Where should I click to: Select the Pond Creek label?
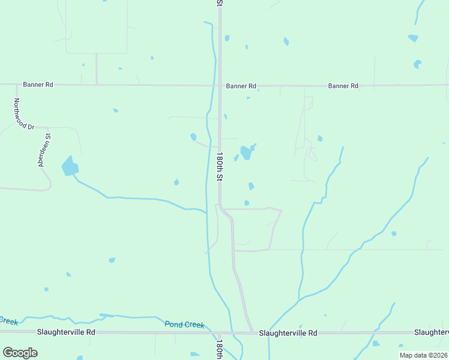point(185,325)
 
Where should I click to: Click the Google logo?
point(20,353)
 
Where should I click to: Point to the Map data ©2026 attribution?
point(423,355)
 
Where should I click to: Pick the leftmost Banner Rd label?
point(38,85)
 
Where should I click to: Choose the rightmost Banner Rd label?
point(343,86)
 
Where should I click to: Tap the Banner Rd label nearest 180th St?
point(241,86)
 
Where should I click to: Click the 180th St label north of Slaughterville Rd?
point(220,166)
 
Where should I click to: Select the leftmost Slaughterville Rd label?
point(66,332)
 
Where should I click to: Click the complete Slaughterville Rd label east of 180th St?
point(288,332)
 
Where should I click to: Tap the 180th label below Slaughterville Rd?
point(220,349)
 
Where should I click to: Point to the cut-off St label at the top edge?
point(220,3)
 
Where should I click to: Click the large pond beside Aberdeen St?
point(70,167)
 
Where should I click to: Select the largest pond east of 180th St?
point(246,152)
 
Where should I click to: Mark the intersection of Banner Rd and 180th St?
point(220,85)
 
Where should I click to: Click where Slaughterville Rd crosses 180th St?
point(220,332)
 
